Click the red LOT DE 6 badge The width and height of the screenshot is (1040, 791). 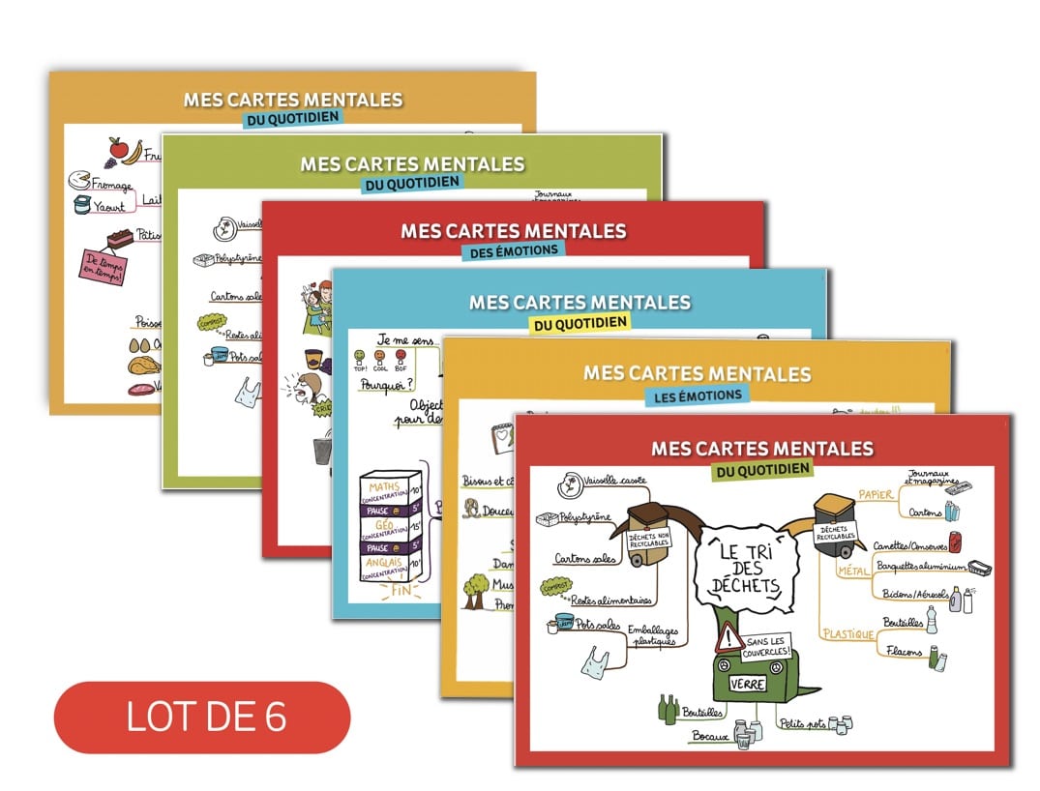(x=202, y=718)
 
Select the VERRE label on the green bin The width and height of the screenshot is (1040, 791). (x=748, y=684)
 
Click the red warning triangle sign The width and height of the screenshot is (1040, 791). (x=728, y=637)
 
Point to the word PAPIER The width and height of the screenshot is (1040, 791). (x=876, y=495)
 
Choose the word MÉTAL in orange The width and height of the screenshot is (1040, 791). (x=852, y=571)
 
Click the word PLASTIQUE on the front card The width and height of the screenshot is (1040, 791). (x=848, y=634)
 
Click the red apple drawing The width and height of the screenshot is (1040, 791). (x=118, y=149)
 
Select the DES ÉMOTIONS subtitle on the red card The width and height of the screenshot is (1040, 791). (x=514, y=250)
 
